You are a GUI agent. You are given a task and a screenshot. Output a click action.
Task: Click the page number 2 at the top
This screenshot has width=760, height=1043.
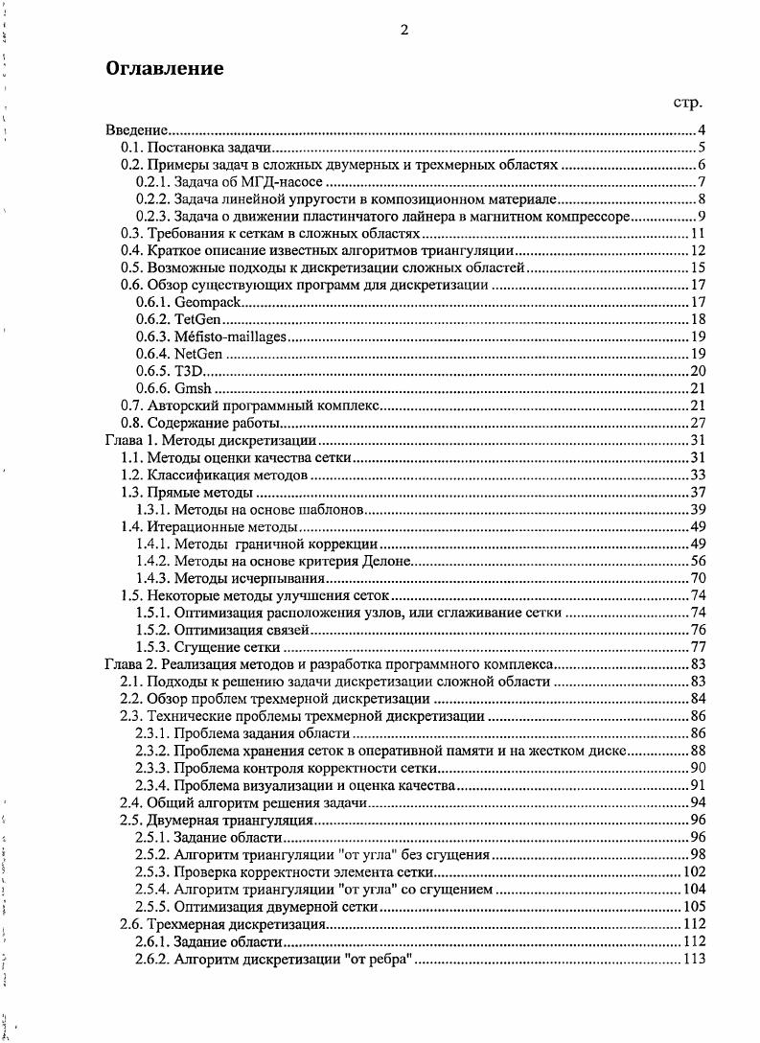pyautogui.click(x=404, y=30)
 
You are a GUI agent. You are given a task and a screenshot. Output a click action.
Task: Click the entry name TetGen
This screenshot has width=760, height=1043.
pyautogui.click(x=197, y=319)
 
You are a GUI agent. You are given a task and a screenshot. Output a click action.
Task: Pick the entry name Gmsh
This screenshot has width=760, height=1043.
pyautogui.click(x=193, y=388)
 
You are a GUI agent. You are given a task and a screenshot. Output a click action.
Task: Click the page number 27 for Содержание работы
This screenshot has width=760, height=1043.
pyautogui.click(x=698, y=423)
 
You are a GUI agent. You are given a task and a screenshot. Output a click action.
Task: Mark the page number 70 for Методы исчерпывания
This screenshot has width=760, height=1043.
pyautogui.click(x=698, y=578)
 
